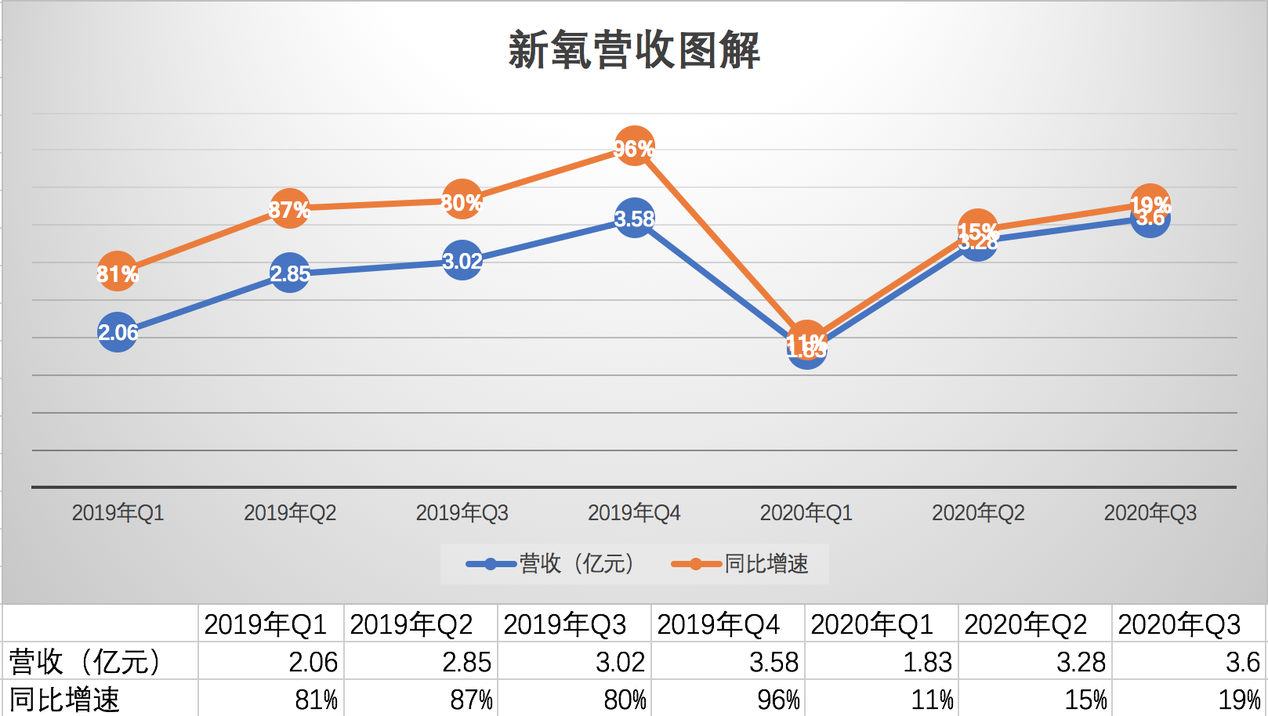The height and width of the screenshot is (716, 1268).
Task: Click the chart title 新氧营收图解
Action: click(x=634, y=51)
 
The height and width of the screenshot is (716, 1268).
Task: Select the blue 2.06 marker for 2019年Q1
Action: click(x=118, y=332)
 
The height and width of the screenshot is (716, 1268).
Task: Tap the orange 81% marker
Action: click(x=118, y=272)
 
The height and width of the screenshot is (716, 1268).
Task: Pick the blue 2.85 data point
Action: click(x=290, y=273)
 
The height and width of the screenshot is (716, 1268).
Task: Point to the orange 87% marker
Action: click(x=290, y=208)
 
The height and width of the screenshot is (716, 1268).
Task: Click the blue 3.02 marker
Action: click(x=462, y=261)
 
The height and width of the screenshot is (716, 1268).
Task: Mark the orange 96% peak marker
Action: click(x=634, y=146)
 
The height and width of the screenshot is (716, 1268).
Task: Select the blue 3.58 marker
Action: click(x=634, y=219)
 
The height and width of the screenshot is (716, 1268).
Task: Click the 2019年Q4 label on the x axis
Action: click(x=634, y=513)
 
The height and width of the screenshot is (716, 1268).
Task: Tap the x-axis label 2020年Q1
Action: click(x=806, y=513)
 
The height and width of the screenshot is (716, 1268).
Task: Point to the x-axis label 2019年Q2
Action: click(x=290, y=513)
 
